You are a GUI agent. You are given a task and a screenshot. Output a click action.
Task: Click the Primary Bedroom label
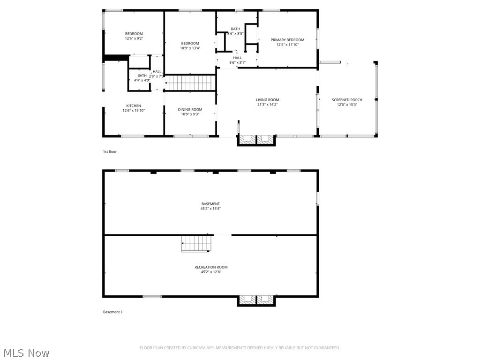(x=287, y=40)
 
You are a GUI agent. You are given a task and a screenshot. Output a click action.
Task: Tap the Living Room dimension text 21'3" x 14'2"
(x=267, y=105)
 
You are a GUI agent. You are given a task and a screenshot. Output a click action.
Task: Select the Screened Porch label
(x=347, y=100)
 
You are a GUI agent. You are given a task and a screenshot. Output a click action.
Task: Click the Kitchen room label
(x=134, y=106)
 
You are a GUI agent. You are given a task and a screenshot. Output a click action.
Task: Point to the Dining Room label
(x=190, y=109)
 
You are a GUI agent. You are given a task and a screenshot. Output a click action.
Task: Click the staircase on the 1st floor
(x=190, y=83)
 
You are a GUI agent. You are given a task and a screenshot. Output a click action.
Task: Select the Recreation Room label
(x=211, y=267)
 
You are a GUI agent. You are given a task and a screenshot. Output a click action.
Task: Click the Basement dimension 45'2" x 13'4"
(x=210, y=209)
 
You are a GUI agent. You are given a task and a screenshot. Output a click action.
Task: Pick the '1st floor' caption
(x=110, y=151)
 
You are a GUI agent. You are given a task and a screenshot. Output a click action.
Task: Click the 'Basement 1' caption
(x=112, y=312)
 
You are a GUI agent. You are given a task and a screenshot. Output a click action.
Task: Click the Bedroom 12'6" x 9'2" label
(x=134, y=34)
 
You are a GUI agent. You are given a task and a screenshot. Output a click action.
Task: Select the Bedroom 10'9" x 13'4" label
(x=190, y=44)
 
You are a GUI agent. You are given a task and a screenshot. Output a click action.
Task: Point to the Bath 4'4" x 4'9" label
(x=142, y=75)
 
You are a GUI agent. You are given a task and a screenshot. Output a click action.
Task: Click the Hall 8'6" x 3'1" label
(x=237, y=58)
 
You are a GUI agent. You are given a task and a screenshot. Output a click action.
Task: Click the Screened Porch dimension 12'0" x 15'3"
(x=347, y=105)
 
